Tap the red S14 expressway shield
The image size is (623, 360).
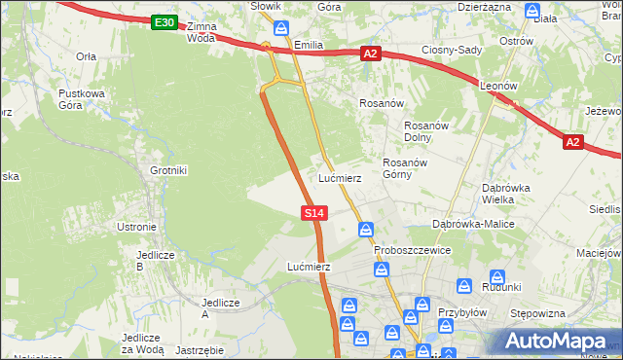[x=313, y=212]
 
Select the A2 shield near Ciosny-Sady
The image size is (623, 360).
[x=370, y=54]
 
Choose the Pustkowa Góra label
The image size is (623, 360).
[x=81, y=98]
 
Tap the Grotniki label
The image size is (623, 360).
[x=167, y=170]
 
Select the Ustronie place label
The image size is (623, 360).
[x=136, y=227]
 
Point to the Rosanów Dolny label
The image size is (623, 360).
[x=424, y=131]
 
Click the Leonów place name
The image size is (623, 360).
[x=497, y=86]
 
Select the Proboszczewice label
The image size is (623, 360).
[x=413, y=250]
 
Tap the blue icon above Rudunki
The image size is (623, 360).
[x=497, y=277]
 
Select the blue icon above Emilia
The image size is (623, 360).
[x=281, y=28]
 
